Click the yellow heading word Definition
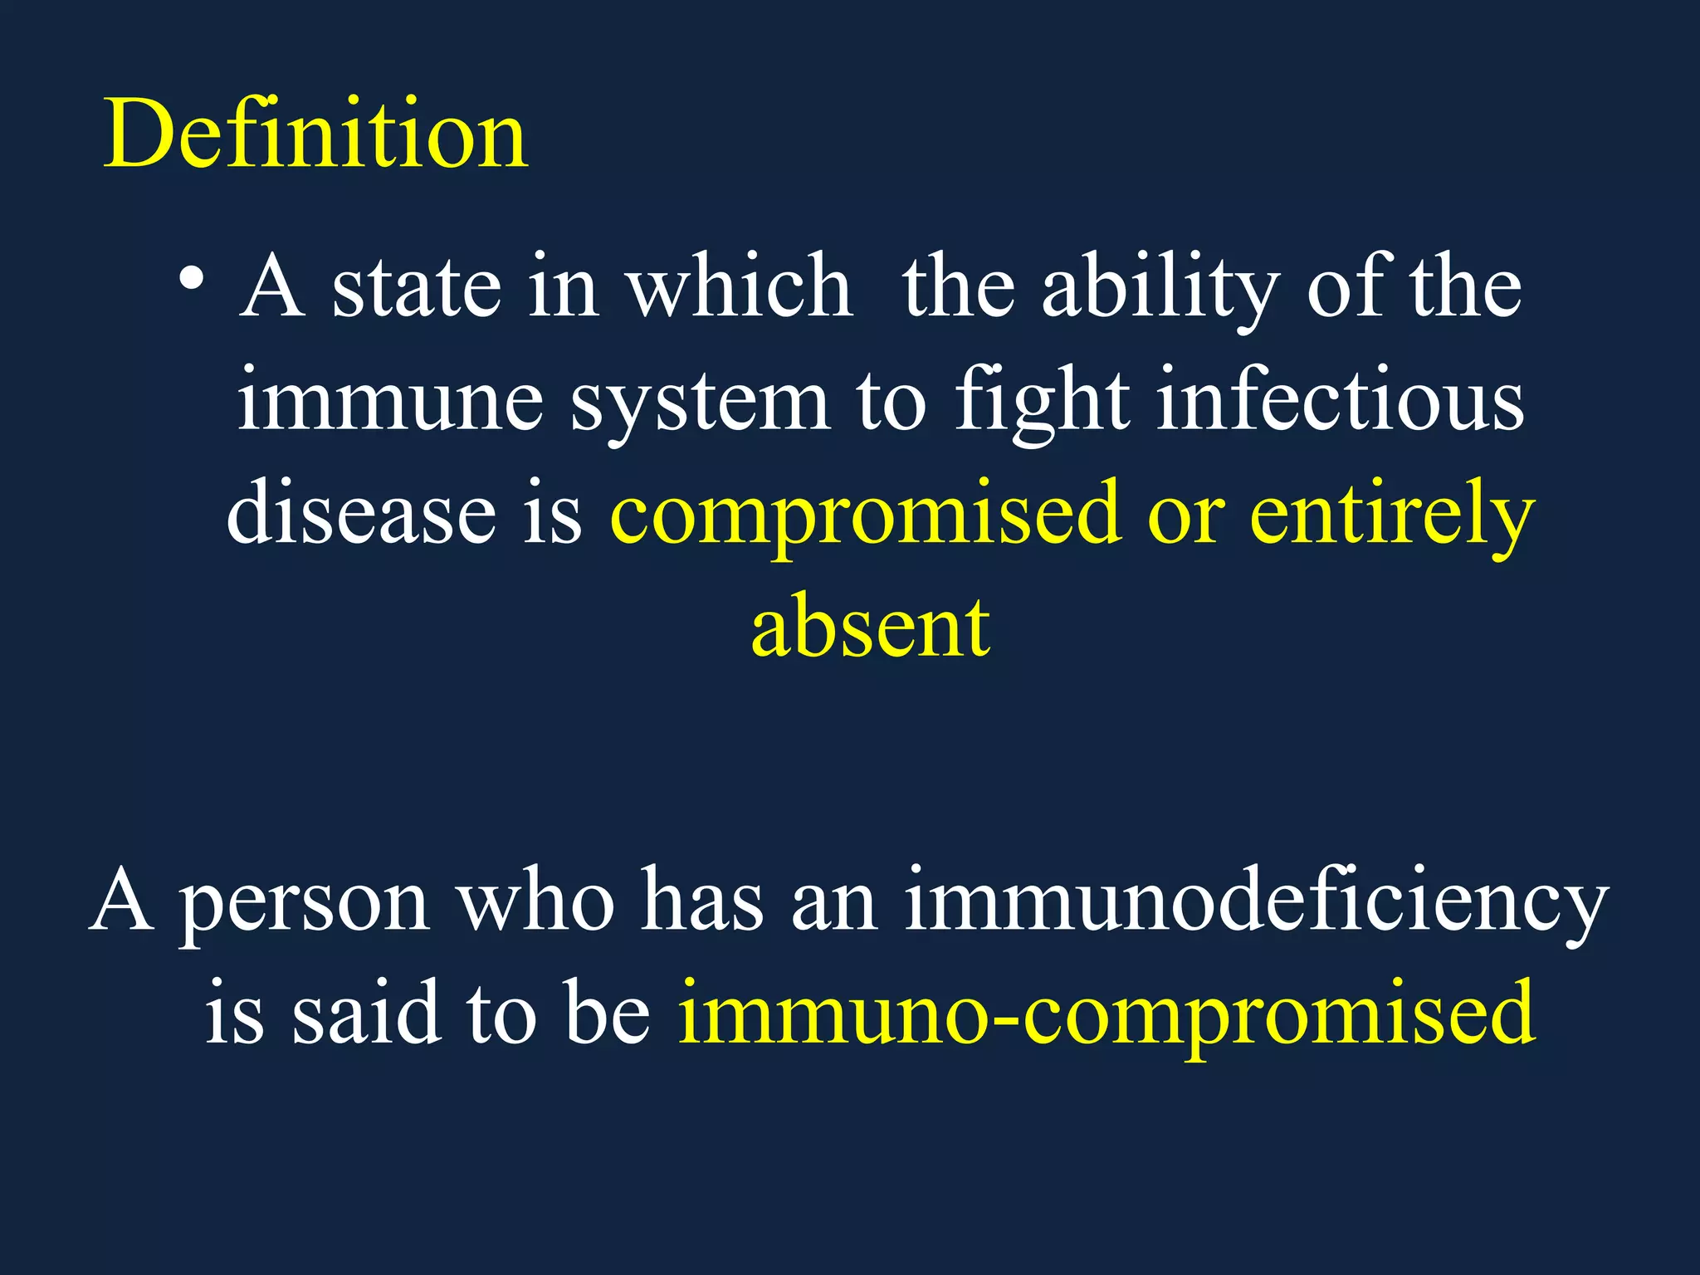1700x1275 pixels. (315, 133)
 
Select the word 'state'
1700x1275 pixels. (417, 286)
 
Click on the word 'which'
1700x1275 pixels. (739, 286)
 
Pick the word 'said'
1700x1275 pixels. (365, 1013)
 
